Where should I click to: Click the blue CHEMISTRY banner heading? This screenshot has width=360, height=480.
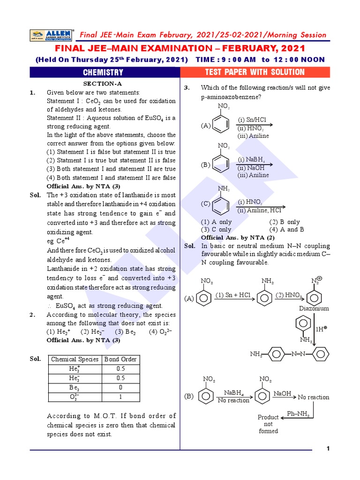pyautogui.click(x=103, y=72)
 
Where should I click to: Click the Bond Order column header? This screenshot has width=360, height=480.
pyautogui.click(x=120, y=360)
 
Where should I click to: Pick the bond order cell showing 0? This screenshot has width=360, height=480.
pyautogui.click(x=120, y=388)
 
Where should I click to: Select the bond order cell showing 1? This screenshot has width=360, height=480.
pyautogui.click(x=120, y=397)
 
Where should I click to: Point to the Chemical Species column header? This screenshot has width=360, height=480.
pyautogui.click(x=75, y=360)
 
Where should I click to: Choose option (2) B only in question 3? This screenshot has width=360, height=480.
pyautogui.click(x=284, y=222)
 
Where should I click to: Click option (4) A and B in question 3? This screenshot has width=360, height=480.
pyautogui.click(x=286, y=230)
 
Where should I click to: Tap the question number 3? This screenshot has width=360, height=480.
pyautogui.click(x=186, y=88)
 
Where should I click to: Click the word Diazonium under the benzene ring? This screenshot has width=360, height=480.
pyautogui.click(x=314, y=308)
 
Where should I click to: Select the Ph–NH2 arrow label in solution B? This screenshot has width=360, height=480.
pyautogui.click(x=298, y=414)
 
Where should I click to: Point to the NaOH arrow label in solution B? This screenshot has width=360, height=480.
pyautogui.click(x=283, y=393)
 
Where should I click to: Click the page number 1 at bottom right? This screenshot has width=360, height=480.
pyautogui.click(x=328, y=449)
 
